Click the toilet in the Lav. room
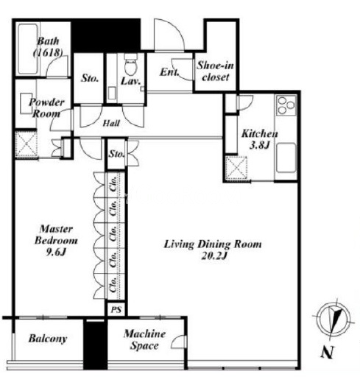130,64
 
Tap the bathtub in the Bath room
28,49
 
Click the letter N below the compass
328,352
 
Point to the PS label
116,309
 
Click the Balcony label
48,339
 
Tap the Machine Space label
144,339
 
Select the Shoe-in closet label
215,71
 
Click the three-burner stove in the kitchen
286,105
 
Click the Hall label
111,123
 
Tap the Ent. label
169,72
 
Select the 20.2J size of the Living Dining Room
214,256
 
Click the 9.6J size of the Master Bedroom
56,252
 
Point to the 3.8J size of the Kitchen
259,145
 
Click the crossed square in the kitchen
237,168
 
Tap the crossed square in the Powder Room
27,144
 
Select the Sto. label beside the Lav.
90,78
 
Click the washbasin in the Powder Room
27,103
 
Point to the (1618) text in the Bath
48,52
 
